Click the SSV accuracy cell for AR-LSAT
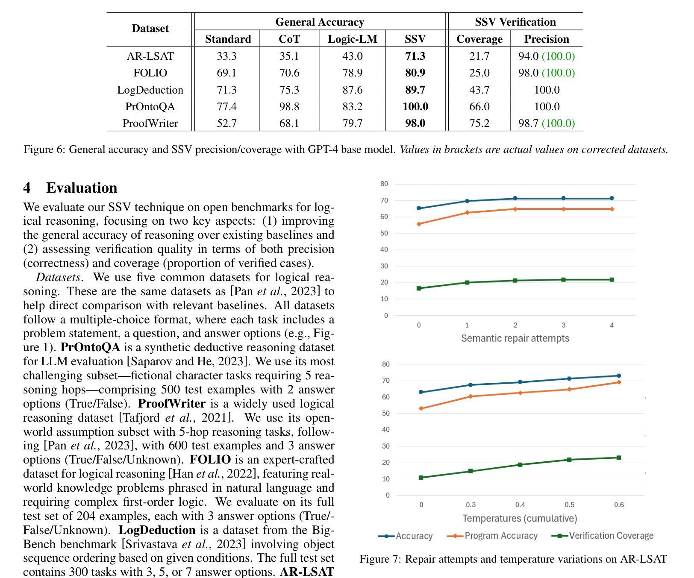pos(415,56)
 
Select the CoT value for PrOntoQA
pos(289,106)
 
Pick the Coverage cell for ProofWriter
pos(479,123)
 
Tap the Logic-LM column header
pos(353,39)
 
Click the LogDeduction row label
pos(150,90)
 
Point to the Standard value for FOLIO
pos(226,73)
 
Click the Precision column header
pos(547,39)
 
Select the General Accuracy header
pos(320,22)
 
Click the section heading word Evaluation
pos(82,188)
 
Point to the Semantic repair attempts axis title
pos(515,338)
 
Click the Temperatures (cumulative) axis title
pos(520,518)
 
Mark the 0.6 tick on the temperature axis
pos(619,505)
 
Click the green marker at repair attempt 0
pos(419,288)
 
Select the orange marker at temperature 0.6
pos(619,382)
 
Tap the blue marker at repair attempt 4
pos(612,198)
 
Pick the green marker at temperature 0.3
pos(471,471)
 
